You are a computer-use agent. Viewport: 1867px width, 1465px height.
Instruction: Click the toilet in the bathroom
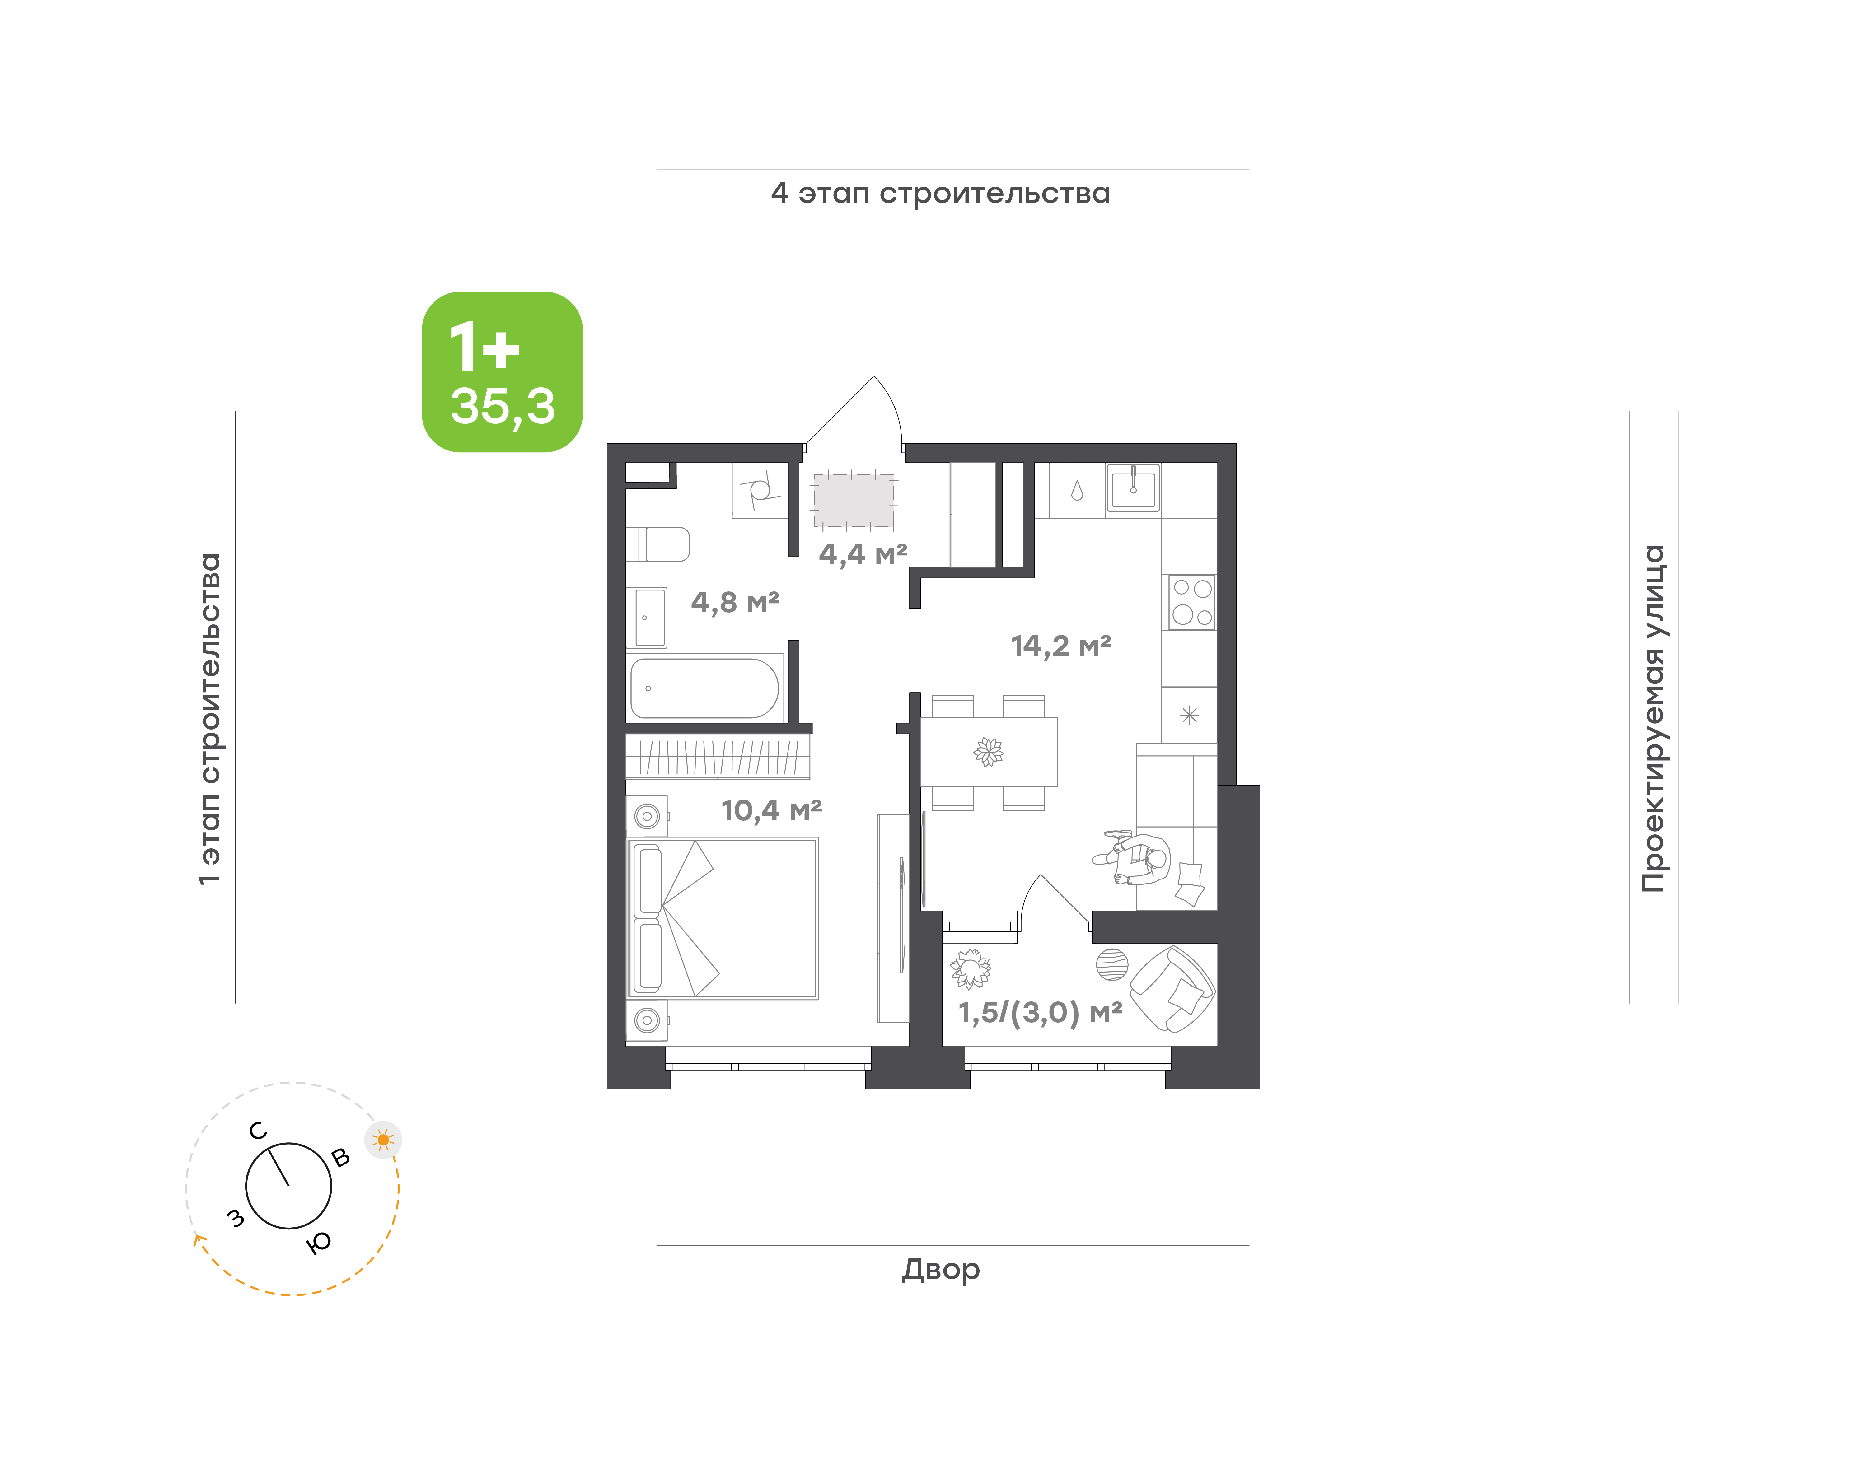coord(658,544)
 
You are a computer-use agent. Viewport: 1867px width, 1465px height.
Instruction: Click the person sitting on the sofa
coord(1133,859)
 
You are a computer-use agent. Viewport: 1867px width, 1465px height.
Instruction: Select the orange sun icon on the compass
coord(384,1140)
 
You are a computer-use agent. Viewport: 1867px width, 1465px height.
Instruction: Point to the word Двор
coord(940,1269)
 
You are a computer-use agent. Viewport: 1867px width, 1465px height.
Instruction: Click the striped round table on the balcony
coord(1112,964)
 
